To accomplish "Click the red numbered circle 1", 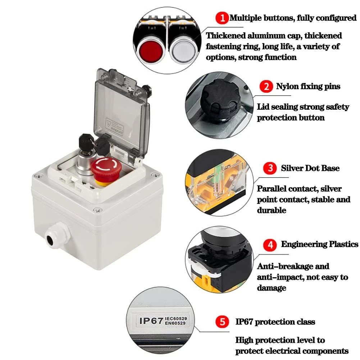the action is [222, 18].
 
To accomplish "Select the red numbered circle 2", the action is [266, 86].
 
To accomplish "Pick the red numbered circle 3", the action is [270, 168].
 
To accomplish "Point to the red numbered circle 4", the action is [270, 245].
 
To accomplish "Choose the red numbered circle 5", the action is [222, 322].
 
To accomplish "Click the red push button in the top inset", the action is [151, 50].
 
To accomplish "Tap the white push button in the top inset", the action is [183, 50].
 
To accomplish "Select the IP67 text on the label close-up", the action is [151, 321].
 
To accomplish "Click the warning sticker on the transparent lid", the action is [114, 127].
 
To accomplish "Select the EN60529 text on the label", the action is [175, 323].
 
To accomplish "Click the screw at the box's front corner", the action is [97, 210].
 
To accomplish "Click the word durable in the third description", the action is [272, 210].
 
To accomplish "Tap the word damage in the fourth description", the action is [272, 288].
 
